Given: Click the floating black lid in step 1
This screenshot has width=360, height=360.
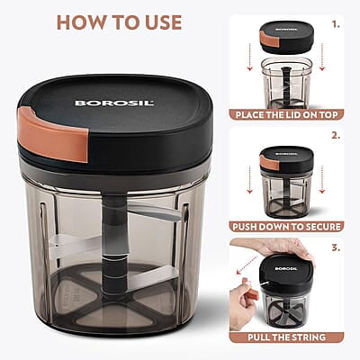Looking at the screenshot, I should pyautogui.click(x=286, y=38).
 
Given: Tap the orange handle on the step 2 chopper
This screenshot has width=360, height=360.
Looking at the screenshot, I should pyautogui.click(x=267, y=163).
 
